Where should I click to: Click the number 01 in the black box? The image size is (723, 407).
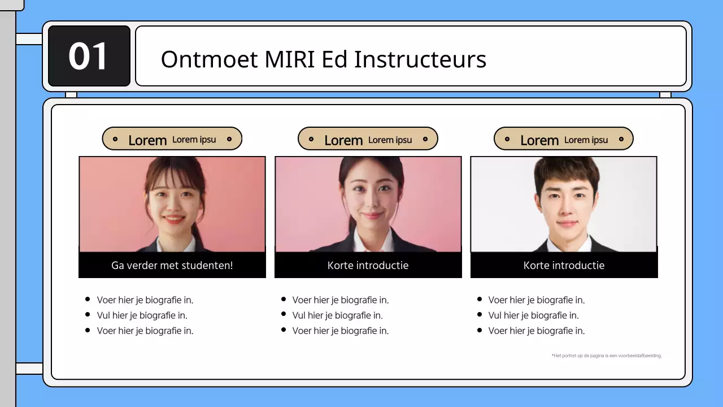(x=88, y=57)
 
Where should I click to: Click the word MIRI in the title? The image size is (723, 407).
(x=290, y=59)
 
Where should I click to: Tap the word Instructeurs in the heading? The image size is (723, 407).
(x=420, y=59)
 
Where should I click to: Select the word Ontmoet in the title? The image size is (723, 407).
(x=209, y=59)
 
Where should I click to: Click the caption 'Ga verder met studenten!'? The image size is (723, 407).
(x=172, y=265)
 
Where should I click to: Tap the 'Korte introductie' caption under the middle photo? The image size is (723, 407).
(x=368, y=265)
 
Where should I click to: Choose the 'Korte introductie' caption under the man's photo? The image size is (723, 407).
(x=564, y=265)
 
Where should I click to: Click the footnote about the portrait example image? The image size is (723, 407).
(x=607, y=356)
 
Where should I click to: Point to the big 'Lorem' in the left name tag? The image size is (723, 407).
(x=147, y=141)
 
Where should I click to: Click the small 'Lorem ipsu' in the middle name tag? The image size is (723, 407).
(x=390, y=140)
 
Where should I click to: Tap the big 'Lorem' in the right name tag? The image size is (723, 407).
(x=539, y=141)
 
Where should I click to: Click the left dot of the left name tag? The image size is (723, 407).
(x=115, y=139)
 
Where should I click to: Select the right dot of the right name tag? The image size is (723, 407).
(x=621, y=139)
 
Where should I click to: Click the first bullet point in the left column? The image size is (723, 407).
(x=145, y=300)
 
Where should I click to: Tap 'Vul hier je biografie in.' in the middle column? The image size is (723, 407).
(x=337, y=315)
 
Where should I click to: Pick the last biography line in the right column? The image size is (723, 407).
(x=537, y=331)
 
